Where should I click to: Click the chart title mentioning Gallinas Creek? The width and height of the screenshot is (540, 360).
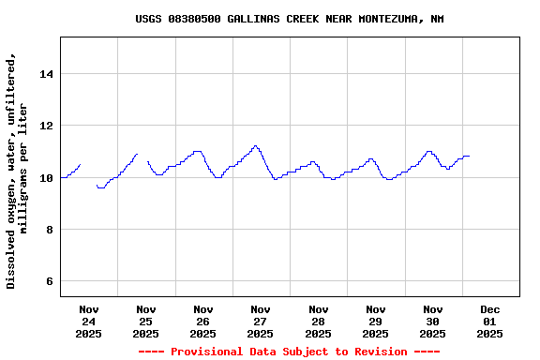pos(289,19)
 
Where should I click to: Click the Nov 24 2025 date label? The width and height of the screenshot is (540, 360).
pos(89,321)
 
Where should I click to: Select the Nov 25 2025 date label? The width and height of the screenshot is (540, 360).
pos(146,321)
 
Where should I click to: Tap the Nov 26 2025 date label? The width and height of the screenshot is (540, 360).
pos(203,321)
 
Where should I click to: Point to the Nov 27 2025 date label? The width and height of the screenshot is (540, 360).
pos(261,321)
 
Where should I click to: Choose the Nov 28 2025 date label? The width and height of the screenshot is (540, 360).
pos(319,321)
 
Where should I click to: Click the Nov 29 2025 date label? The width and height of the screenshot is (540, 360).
pos(376,321)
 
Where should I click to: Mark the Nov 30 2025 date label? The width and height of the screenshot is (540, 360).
pos(433,321)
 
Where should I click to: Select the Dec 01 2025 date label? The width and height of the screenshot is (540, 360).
pos(490,321)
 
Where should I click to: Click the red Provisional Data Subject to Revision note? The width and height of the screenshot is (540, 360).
pos(289,352)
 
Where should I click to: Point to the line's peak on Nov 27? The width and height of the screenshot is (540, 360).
pos(255,146)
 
